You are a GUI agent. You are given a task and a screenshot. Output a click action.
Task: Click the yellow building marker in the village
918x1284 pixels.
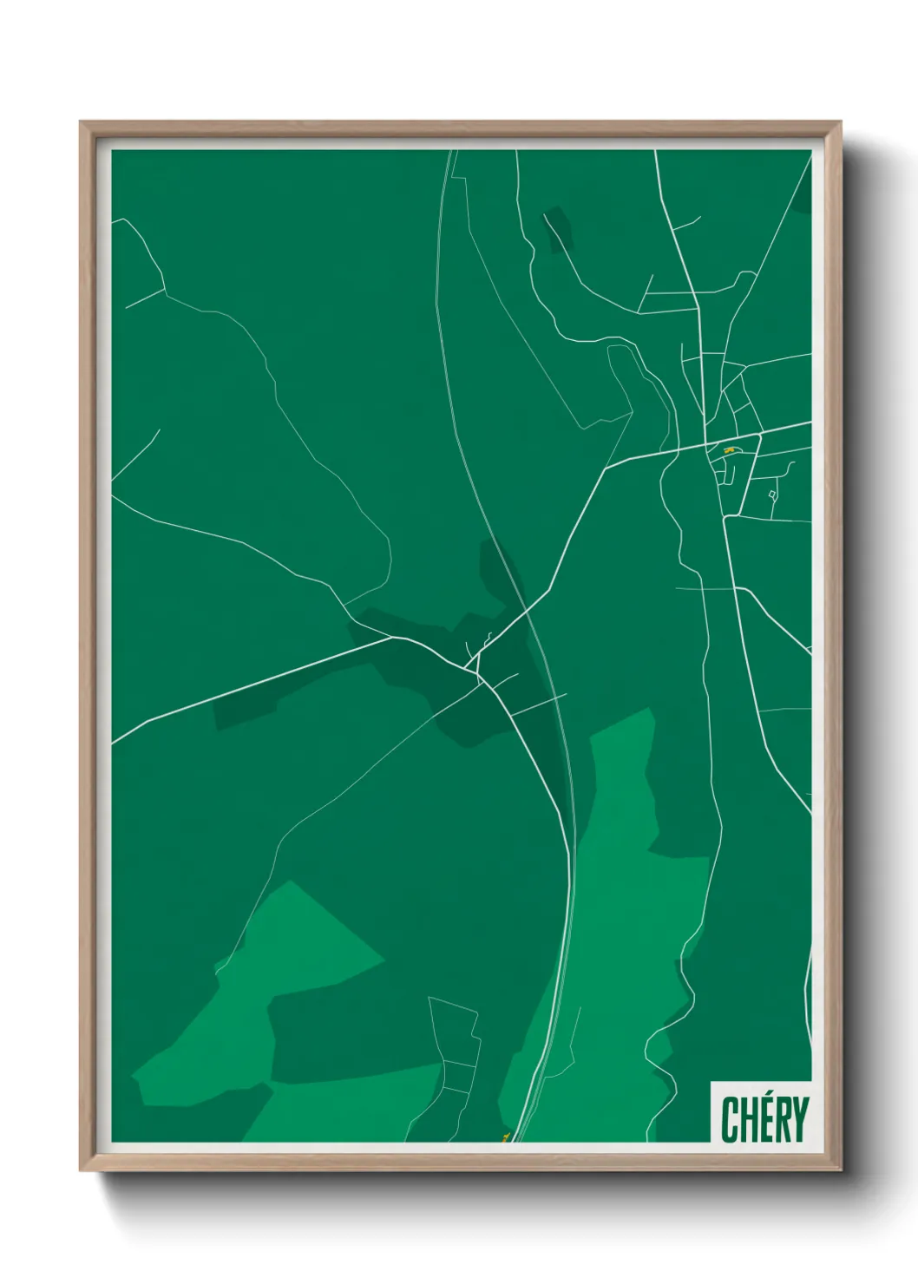730,450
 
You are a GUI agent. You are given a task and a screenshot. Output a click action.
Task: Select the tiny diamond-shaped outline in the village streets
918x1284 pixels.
772,495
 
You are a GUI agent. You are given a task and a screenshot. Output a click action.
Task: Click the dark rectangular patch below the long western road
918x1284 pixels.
260,705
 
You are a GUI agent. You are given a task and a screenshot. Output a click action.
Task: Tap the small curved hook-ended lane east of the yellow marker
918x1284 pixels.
787,469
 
